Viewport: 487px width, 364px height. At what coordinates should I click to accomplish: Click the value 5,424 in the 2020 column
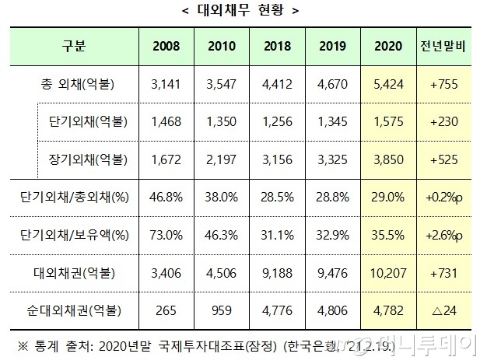coord(387,85)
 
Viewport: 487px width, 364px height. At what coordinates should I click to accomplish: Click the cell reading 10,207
coord(387,273)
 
